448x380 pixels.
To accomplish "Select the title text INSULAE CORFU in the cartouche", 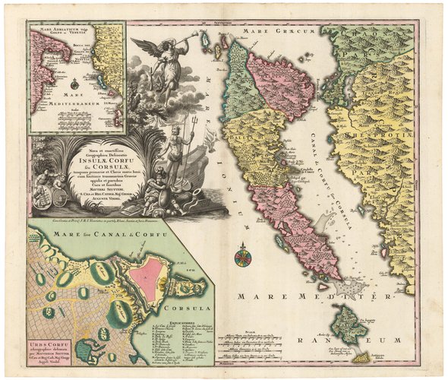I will (x=112, y=161).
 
